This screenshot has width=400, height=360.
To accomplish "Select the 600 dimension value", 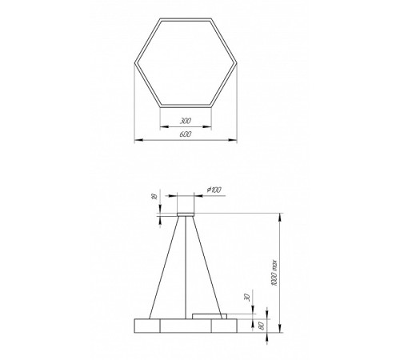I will click(186, 133).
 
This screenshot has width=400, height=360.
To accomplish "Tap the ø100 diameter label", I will click(214, 189).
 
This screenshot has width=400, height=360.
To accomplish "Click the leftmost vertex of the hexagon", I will click(134, 61).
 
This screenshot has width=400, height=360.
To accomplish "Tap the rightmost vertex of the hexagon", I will click(238, 61).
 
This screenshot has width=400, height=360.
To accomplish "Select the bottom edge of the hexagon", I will click(186, 106).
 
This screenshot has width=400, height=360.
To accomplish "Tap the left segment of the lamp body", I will click(146, 326).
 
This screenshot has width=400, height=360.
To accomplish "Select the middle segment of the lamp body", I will click(186, 326).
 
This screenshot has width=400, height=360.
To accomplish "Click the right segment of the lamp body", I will click(225, 326).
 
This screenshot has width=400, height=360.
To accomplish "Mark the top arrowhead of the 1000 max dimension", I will click(281, 213).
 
